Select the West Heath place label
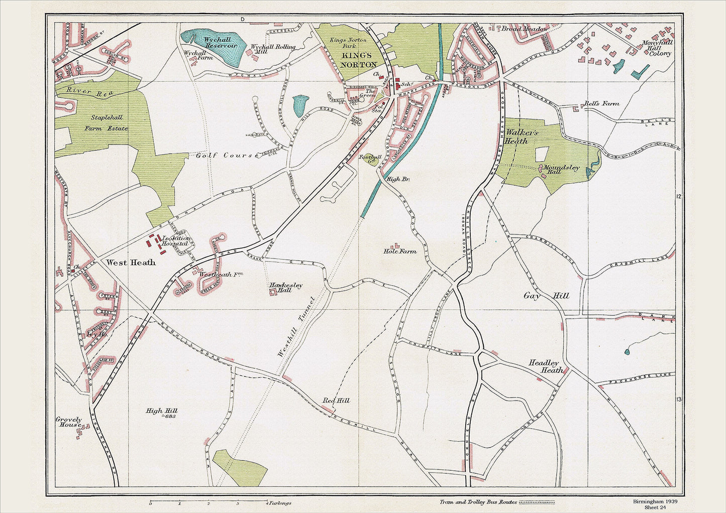tap(131, 262)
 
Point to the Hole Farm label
tap(400, 251)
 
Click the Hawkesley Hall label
tap(286, 288)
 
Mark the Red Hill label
tap(336, 401)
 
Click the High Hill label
tap(161, 411)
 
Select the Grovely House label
tap(68, 422)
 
